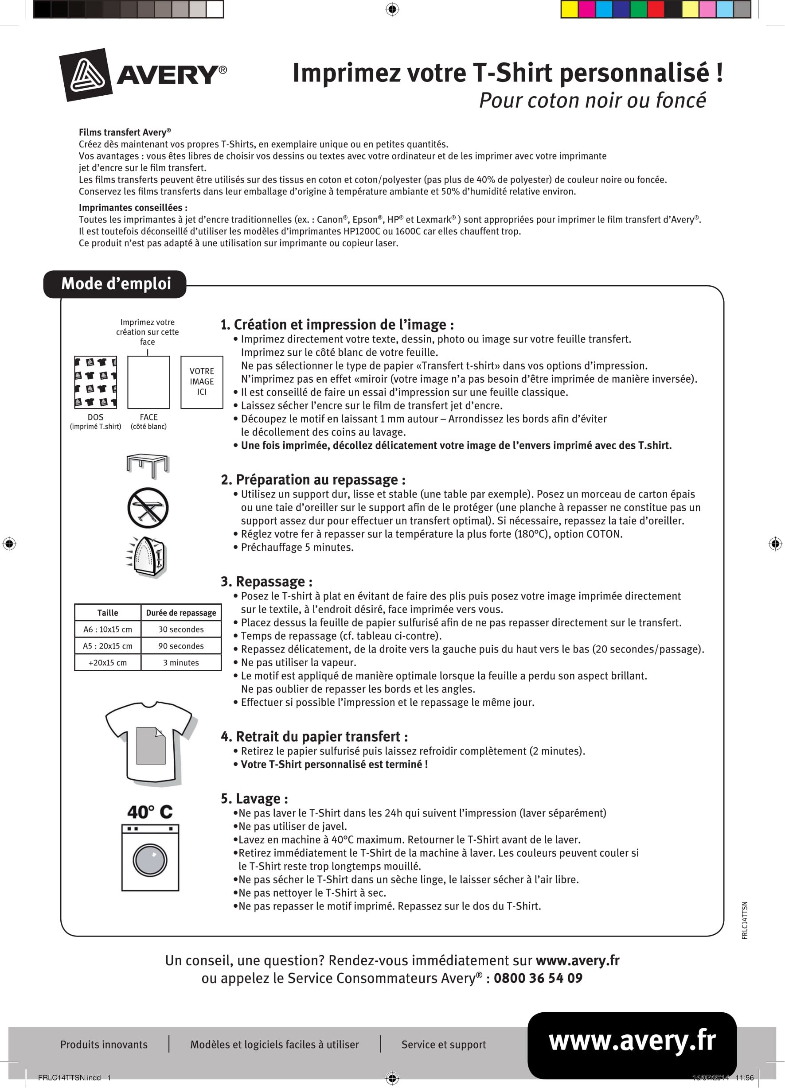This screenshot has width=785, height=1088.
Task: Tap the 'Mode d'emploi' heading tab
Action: point(115,284)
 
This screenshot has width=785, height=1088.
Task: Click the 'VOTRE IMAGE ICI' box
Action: point(202,382)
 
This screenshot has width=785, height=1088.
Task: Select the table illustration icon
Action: point(148,465)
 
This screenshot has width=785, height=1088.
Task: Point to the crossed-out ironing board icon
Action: point(148,508)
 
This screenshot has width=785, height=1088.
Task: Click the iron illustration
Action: point(148,556)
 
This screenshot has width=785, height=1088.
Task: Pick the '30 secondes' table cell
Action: point(181,629)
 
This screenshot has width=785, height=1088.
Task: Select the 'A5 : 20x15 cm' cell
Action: point(108,646)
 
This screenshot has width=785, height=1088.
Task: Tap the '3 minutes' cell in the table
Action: point(181,662)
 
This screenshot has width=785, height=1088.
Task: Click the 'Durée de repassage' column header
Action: point(181,613)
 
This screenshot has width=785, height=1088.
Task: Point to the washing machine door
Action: point(150,860)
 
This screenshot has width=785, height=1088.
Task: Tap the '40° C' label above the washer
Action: point(150,812)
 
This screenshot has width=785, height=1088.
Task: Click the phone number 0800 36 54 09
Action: point(538,978)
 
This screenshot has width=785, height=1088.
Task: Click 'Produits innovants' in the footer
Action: point(104,1044)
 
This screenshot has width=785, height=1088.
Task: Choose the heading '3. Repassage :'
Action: point(266,582)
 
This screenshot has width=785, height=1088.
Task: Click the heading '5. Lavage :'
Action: point(254,799)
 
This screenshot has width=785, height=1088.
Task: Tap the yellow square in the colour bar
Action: point(570,10)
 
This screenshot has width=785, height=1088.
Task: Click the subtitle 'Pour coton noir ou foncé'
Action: point(593,100)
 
